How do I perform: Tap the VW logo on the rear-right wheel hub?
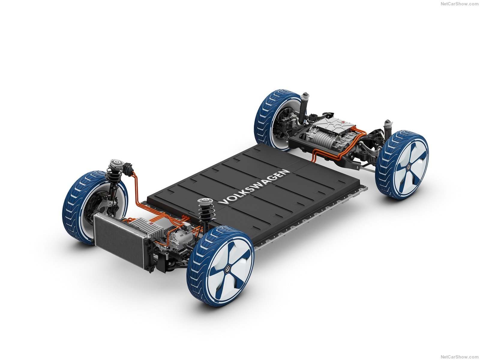click(x=408, y=167)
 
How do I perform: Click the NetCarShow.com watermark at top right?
click(x=459, y=4)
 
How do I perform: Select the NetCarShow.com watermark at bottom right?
click(x=459, y=357)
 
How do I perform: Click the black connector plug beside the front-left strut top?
click(x=127, y=169)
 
